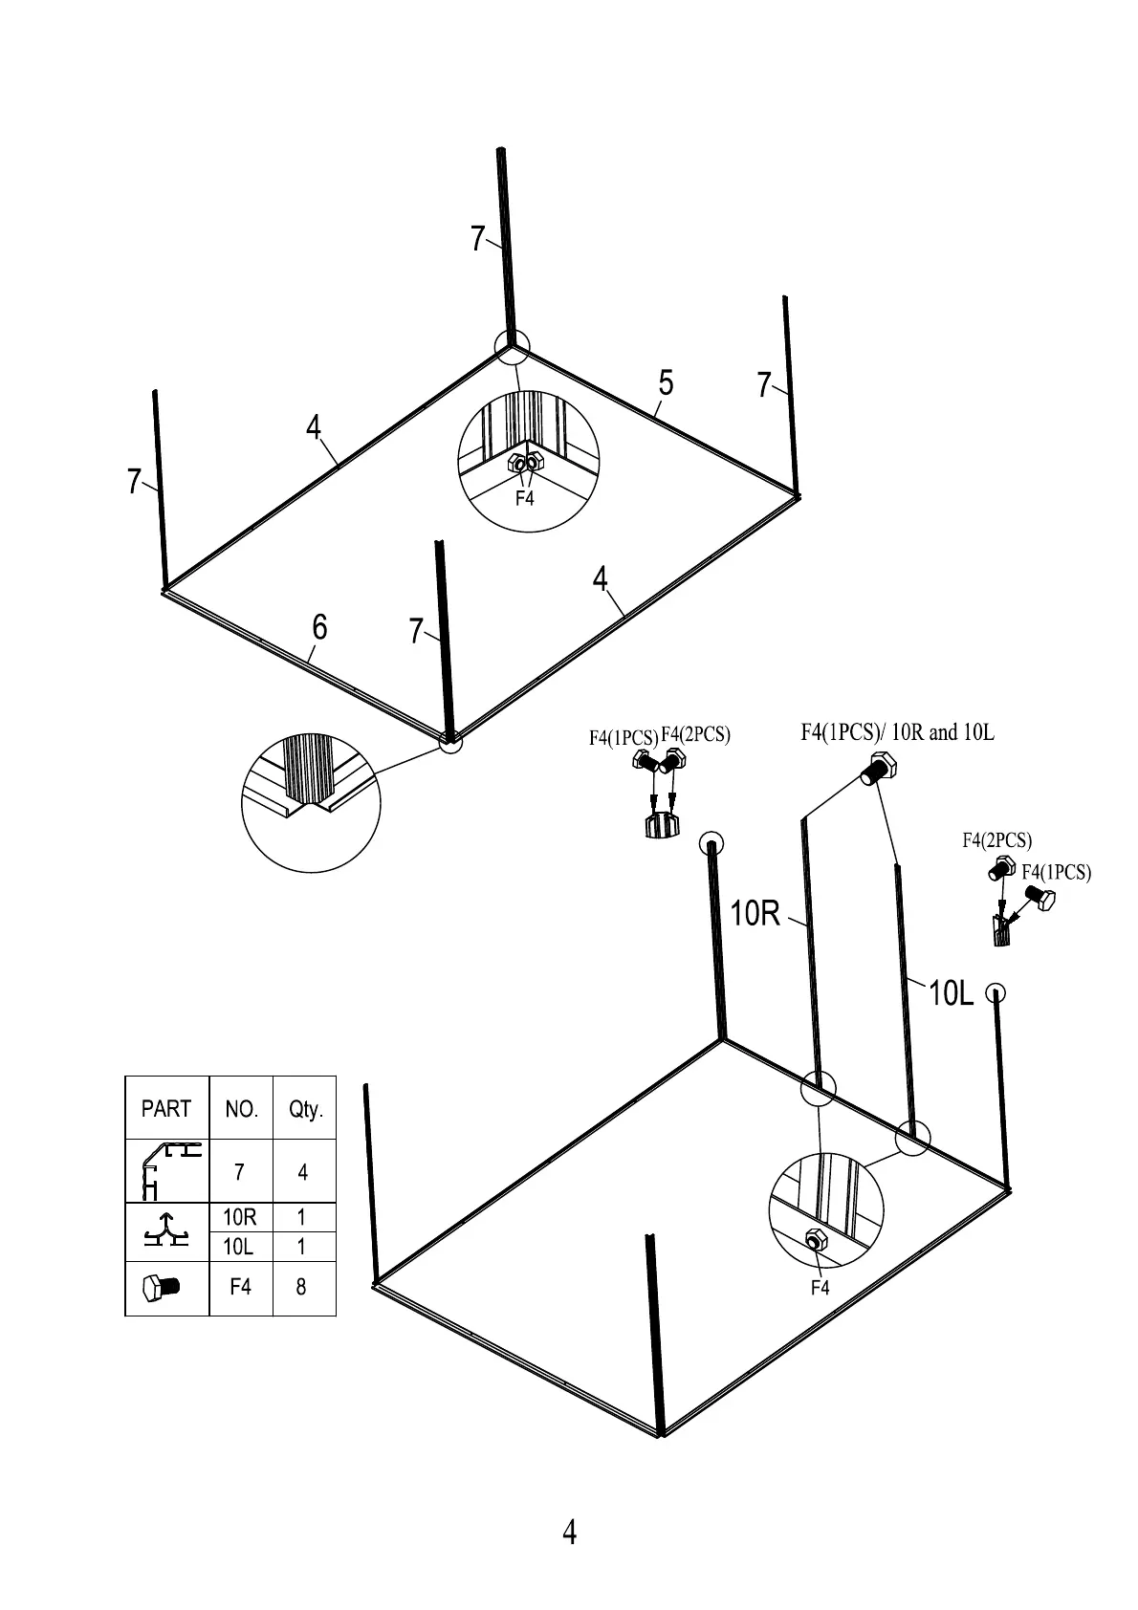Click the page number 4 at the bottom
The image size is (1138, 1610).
(570, 1532)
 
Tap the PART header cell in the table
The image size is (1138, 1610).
(166, 1109)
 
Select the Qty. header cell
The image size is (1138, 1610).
(306, 1109)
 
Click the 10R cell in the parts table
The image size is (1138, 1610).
(240, 1217)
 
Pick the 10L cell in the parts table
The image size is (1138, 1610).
(240, 1247)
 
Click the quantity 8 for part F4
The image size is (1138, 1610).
(301, 1287)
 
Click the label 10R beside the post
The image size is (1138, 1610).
(755, 914)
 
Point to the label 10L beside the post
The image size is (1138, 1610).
(951, 994)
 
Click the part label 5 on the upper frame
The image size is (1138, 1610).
(666, 383)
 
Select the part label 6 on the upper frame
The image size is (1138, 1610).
(319, 627)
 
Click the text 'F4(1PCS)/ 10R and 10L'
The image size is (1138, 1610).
(897, 732)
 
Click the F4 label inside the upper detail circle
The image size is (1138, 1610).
(525, 498)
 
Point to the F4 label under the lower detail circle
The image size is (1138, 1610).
(820, 1288)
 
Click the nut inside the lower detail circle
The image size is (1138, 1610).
(816, 1240)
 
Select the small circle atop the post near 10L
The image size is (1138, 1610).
(995, 991)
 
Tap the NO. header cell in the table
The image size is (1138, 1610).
(241, 1109)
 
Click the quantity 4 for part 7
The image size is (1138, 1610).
(303, 1172)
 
